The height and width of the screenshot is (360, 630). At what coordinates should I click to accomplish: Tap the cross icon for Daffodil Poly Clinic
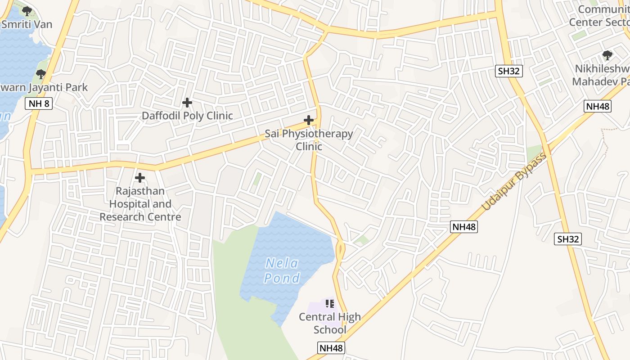tap(187, 103)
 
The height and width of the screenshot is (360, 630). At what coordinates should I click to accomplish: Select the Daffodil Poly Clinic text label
tap(187, 116)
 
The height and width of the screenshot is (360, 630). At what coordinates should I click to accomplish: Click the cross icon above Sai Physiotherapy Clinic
tap(309, 120)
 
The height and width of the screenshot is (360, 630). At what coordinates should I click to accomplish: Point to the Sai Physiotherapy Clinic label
tap(309, 140)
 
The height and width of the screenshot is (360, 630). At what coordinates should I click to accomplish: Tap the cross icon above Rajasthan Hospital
tap(140, 178)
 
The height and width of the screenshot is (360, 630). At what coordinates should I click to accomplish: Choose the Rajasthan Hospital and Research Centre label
tap(140, 204)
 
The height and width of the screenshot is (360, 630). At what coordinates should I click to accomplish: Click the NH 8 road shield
tap(40, 104)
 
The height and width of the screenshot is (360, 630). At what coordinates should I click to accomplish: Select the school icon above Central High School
tap(330, 304)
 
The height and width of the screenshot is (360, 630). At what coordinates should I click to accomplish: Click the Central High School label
tap(330, 323)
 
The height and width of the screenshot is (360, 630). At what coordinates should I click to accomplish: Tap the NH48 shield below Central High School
tap(331, 348)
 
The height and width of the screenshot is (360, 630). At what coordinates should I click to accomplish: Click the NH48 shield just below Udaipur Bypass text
tap(464, 227)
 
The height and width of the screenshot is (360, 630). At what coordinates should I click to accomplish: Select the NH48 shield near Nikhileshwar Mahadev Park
tap(598, 106)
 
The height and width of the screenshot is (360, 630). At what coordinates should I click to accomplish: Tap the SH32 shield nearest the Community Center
tap(509, 71)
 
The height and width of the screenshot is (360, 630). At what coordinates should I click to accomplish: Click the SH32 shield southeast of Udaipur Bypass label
tap(568, 239)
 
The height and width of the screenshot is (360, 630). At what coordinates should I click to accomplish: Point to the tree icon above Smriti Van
tap(27, 11)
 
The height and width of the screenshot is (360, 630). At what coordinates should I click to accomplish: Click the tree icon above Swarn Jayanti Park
tap(41, 74)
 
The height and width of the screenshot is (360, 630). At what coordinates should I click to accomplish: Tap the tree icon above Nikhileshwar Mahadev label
tap(607, 55)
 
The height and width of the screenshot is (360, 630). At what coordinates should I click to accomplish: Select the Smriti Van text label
tap(27, 24)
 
